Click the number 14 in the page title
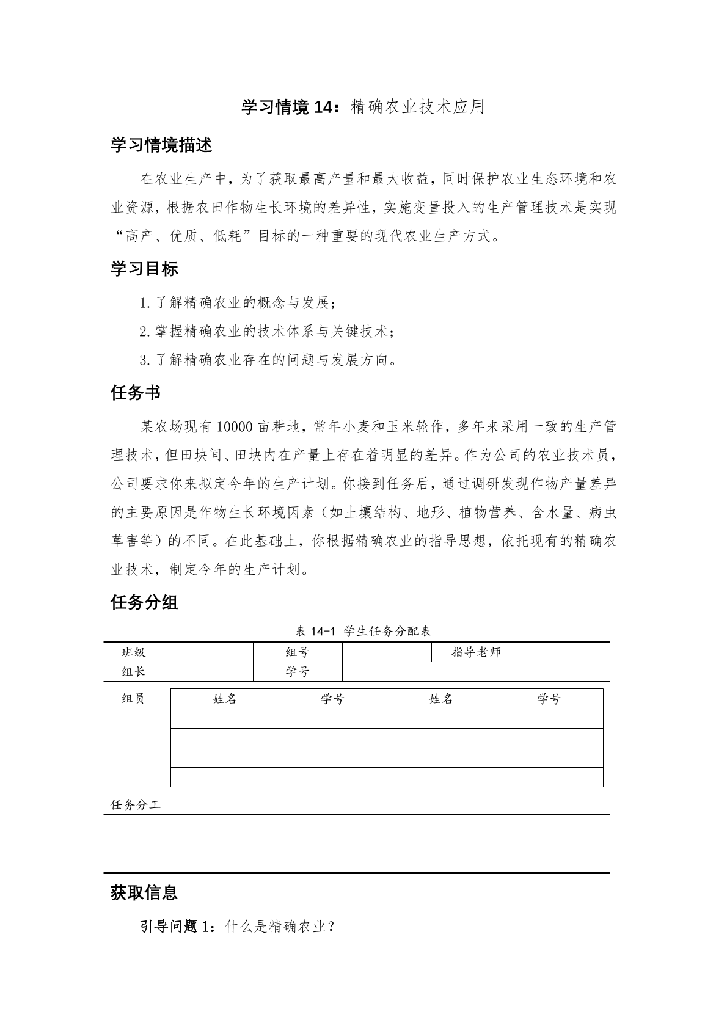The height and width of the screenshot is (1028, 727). point(321,108)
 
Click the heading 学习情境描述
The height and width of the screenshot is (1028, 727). point(161,145)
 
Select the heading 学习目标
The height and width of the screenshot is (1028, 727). point(144,269)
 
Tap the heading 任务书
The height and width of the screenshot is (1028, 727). point(136,393)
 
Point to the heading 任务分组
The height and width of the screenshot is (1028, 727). point(144,602)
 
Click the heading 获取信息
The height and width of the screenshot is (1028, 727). point(144,892)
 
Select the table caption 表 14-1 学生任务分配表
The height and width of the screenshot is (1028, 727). point(363,631)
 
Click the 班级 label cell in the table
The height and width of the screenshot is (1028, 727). point(134,652)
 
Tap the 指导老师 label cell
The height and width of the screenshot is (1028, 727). point(476,652)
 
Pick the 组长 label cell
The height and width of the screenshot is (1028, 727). point(134,672)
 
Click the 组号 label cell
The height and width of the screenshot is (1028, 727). point(298,652)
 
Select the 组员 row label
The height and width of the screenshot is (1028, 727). point(134,699)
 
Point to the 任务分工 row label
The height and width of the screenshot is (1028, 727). point(136,805)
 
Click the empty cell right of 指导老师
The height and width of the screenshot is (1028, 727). point(565,652)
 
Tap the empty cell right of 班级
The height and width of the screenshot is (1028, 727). point(208,652)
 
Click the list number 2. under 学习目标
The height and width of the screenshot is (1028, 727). point(145,332)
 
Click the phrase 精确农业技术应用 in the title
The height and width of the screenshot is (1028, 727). point(418,108)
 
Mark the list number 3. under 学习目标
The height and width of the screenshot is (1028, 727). point(145,360)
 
